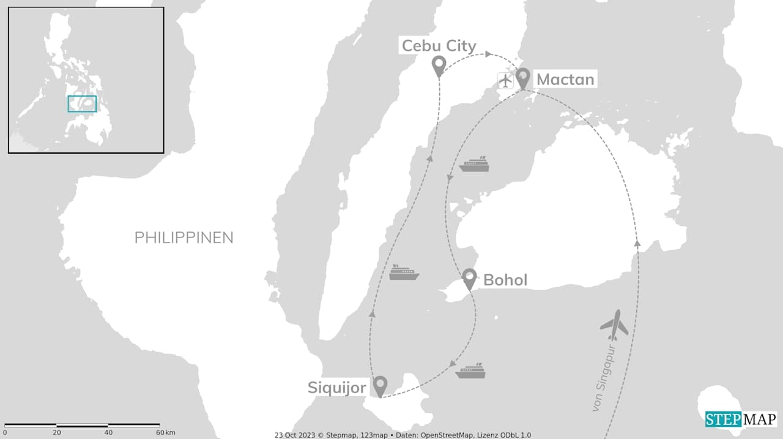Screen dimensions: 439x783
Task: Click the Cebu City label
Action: [x=438, y=45]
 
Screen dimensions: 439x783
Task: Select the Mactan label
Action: [x=565, y=80]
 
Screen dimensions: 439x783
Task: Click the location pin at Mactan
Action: [x=522, y=78]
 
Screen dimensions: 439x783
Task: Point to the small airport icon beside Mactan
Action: [x=505, y=80]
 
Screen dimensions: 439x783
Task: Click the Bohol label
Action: [x=505, y=280]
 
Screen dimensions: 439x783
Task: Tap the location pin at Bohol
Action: [x=469, y=279]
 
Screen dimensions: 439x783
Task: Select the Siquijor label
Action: [x=337, y=388]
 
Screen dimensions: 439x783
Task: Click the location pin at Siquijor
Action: [x=380, y=386]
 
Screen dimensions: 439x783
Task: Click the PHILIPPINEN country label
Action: [x=184, y=238]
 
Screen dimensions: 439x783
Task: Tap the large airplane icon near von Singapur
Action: [x=614, y=325]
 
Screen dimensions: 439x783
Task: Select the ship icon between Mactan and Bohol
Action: [x=475, y=164]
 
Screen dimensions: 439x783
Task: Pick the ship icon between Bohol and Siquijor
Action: [x=470, y=371]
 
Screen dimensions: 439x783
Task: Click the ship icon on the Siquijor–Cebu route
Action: [x=404, y=272]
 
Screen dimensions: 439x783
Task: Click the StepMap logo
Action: [x=741, y=419]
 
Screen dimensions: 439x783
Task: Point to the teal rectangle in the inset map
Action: [x=82, y=103]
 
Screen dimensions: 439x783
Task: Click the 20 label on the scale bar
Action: [x=56, y=433]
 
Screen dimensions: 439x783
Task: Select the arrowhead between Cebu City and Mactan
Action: [x=488, y=54]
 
